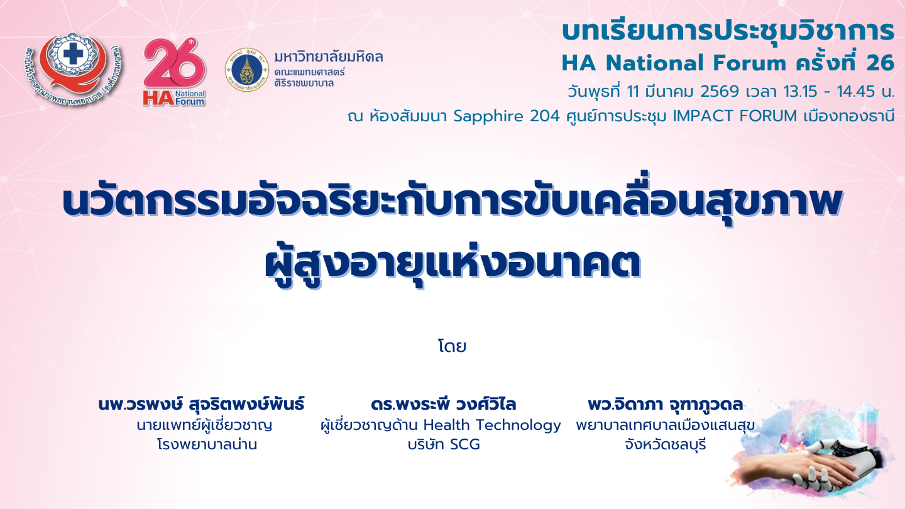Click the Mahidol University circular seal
tap(246, 70)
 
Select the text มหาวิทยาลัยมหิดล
tap(329, 57)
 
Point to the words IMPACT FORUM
tap(735, 116)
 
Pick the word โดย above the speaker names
tap(452, 347)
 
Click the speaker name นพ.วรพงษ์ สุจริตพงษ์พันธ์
tap(201, 405)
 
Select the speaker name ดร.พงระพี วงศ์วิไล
tap(444, 405)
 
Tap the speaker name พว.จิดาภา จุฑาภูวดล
tap(665, 405)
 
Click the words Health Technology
tap(492, 425)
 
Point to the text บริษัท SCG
tap(444, 445)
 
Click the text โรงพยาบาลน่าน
tap(207, 444)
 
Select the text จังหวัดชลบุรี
tap(665, 445)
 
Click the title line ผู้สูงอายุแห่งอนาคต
tap(452, 265)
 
